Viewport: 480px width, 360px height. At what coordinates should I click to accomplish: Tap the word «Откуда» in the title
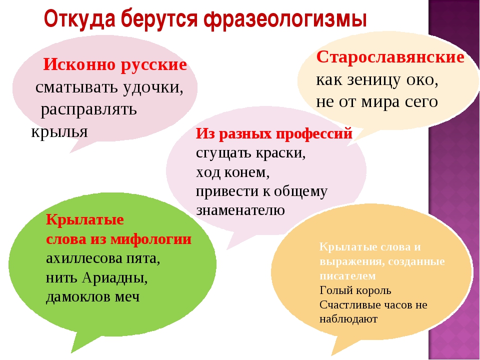coord(80,19)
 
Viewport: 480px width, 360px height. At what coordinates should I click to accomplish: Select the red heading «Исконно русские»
coord(115,65)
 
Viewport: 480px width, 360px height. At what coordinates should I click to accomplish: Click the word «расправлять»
coord(89,109)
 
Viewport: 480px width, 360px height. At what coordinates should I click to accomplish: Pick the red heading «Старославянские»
coord(390,57)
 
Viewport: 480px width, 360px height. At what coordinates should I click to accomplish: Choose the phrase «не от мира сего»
coord(377,102)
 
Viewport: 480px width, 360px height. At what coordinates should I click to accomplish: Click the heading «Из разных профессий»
coord(274,134)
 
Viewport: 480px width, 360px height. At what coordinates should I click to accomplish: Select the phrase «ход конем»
coord(232,172)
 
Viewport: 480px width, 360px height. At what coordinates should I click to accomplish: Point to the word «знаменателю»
coord(240,210)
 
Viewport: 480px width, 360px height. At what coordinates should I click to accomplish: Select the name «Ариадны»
coord(114,278)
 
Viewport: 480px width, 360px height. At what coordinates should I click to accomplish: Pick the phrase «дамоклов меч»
coord(93,297)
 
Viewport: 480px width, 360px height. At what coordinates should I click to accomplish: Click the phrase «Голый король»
coord(355,290)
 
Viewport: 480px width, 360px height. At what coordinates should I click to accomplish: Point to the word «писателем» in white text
coord(347,276)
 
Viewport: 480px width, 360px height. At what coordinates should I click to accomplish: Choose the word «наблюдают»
coord(348,319)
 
